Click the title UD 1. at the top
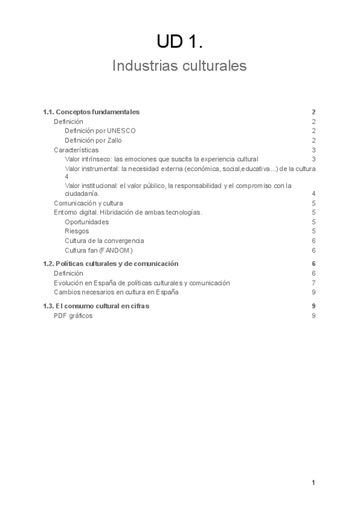pos(179,41)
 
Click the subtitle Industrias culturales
pos(179,66)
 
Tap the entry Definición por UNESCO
pos(100,131)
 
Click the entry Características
pos(76,150)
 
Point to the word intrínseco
pos(97,159)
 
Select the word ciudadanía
pos(82,194)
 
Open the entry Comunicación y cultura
pos(88,203)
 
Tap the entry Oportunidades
pos(87,222)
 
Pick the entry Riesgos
pos(77,231)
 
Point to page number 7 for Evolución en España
pos(314,283)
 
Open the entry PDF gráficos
pos(73,316)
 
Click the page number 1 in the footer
pos(313,483)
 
